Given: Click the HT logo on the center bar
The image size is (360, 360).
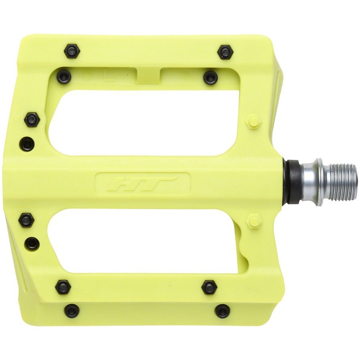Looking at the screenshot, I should click(143, 183).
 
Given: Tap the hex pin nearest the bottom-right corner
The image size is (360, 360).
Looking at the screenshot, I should click(222, 310).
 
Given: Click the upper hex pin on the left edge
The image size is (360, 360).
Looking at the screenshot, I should click(31, 119).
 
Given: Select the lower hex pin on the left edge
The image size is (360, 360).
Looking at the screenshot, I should click(26, 220).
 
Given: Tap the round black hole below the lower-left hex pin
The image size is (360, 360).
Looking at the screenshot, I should click(31, 243).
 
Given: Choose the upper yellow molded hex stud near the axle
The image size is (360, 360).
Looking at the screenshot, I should click(254, 121).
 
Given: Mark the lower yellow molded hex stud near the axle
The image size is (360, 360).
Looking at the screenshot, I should click(254, 221).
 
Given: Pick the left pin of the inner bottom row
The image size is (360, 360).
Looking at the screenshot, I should click(63, 286).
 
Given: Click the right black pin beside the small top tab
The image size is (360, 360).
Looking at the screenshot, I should click(210, 77).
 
